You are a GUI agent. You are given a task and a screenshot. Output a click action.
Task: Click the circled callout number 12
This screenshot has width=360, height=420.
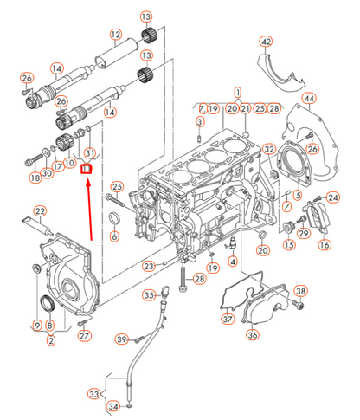pos(115,36)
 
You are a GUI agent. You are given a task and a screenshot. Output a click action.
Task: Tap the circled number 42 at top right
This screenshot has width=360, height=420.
pos(266,42)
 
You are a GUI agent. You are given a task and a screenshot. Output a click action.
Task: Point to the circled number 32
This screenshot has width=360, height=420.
pos(270,150)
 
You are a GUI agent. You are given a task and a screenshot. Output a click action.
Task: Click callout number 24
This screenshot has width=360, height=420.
pos(332,198)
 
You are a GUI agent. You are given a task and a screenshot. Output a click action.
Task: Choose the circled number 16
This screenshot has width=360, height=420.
pos(325,245)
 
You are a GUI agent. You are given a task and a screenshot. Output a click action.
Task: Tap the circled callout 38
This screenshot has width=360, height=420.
pos(300,290)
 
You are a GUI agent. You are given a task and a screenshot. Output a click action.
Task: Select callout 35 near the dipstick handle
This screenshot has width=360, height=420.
pos(150,296)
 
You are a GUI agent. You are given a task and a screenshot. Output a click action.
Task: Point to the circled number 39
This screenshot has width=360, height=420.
pos(122,339)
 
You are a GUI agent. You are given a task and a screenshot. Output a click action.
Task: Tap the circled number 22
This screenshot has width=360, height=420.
pos(40,210)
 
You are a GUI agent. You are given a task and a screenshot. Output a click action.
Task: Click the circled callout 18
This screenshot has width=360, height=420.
pos(35,178)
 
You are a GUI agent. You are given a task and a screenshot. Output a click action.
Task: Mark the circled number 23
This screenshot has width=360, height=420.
pos(149,266)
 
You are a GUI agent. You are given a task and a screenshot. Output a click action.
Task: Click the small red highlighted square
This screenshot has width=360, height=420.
pos(86,169)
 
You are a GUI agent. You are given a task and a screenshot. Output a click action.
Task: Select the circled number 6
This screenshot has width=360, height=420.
pos(116,237)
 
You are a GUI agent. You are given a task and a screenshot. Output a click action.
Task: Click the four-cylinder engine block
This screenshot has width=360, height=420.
pos(203,199)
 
